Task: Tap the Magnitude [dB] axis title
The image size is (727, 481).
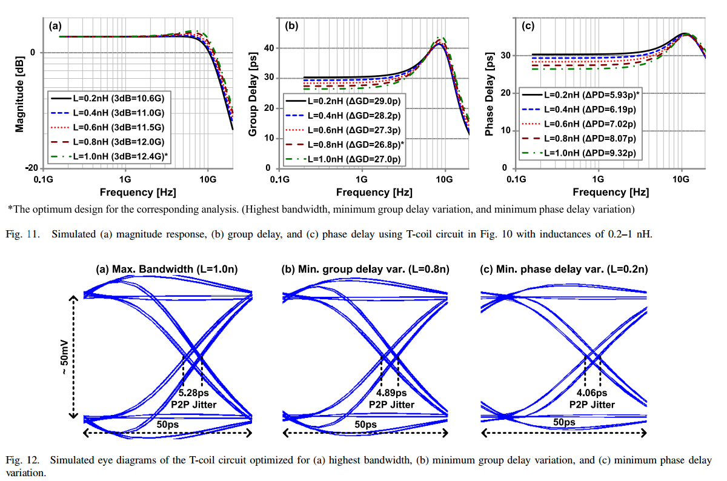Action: tap(19, 96)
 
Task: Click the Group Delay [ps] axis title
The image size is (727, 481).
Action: tap(254, 96)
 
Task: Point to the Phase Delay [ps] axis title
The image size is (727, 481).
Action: tap(491, 96)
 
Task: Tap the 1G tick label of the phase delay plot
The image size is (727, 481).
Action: tap(598, 179)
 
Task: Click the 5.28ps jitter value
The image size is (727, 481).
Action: tap(193, 393)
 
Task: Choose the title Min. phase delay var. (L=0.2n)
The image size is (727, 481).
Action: tap(563, 269)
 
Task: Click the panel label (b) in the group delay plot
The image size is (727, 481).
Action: tap(291, 26)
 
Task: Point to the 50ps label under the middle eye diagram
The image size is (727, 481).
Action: tap(365, 425)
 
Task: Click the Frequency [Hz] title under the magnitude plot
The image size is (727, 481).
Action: tap(139, 192)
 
